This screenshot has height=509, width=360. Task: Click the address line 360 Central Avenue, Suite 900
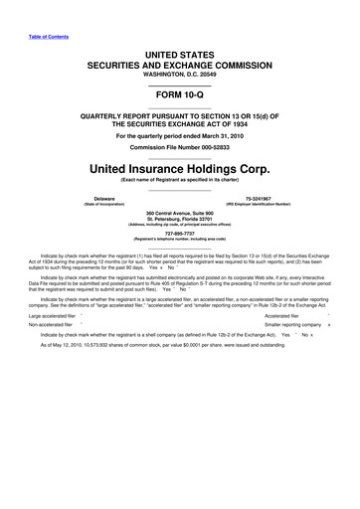pos(180,213)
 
